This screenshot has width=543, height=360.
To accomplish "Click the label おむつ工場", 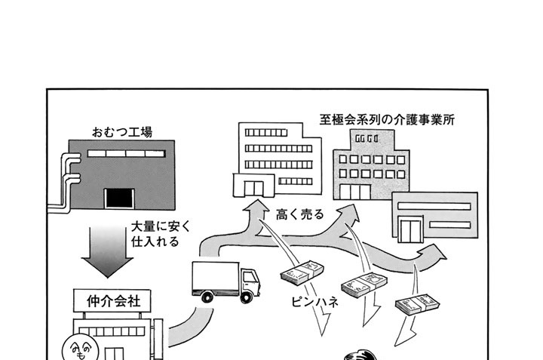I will [x=121, y=132].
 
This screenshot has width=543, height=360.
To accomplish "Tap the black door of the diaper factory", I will [x=118, y=198].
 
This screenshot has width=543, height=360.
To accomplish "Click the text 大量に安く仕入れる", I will [x=155, y=234].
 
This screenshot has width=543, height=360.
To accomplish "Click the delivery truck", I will [x=225, y=282].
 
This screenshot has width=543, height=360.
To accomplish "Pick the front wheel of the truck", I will [x=247, y=297].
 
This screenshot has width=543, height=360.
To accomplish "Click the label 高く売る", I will [x=300, y=214].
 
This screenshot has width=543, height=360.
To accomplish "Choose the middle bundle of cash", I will [x=364, y=285].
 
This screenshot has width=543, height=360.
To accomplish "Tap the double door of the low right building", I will [x=412, y=225].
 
